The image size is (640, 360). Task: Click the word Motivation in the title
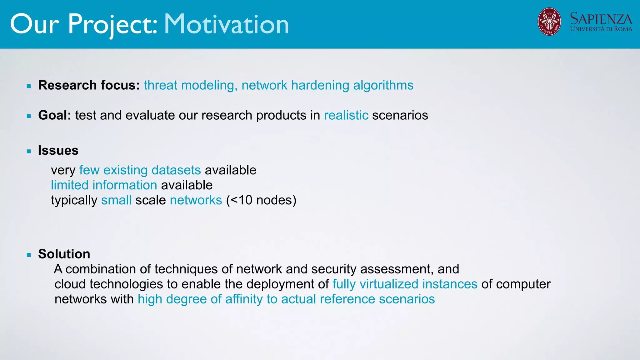click(226, 24)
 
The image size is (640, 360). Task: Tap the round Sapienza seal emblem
click(549, 22)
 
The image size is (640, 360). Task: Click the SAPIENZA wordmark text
click(601, 19)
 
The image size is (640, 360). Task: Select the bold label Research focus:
click(89, 85)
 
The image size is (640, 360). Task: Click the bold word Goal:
click(55, 115)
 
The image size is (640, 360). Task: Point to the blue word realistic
click(346, 115)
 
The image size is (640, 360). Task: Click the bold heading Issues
click(58, 150)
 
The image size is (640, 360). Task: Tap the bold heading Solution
click(64, 254)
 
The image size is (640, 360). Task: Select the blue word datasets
click(176, 170)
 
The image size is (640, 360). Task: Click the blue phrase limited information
click(104, 185)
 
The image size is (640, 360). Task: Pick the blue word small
click(116, 200)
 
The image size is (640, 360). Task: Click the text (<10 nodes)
click(261, 200)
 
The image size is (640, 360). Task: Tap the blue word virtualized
click(389, 284)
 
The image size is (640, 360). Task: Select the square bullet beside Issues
click(29, 151)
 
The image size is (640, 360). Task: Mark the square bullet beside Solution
click(29, 255)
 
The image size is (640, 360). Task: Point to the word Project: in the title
click(112, 24)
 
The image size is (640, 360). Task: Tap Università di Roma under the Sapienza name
click(601, 29)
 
